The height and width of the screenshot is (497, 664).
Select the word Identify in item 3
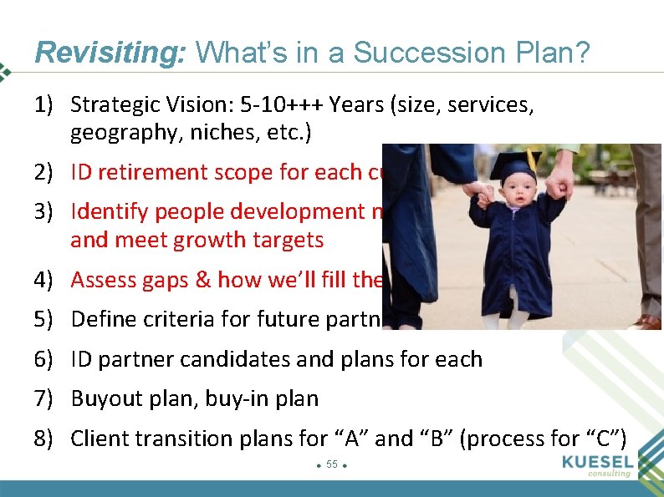tap(104, 211)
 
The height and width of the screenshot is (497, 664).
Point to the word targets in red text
tap(289, 241)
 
